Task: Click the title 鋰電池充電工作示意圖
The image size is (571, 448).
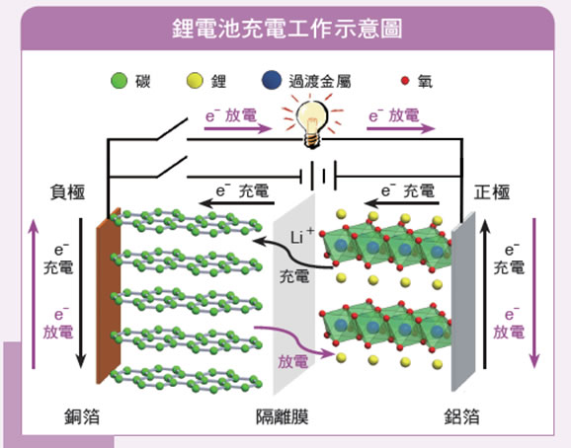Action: coord(286,29)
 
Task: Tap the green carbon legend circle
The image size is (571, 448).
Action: coord(120,80)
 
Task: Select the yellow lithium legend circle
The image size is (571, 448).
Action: coord(195,80)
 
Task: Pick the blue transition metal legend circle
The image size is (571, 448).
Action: coord(272,80)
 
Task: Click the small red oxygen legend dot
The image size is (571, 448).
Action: coord(405,81)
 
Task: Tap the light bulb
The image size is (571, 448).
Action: coord(312,123)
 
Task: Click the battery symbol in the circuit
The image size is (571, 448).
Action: coord(318,177)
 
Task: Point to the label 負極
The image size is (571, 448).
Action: coord(68,192)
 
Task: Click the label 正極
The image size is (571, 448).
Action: coord(492,192)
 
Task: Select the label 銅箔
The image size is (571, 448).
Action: coord(82,416)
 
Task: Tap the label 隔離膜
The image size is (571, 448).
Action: coord(283,416)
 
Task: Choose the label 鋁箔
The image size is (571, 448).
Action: coord(461,416)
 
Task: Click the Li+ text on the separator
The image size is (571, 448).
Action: coord(302,236)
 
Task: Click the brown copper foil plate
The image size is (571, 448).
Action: coord(108,295)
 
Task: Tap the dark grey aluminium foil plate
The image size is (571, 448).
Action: coord(463,302)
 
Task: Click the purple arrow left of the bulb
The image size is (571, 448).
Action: coord(238,128)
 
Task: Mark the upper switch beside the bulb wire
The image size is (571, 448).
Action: coord(172,128)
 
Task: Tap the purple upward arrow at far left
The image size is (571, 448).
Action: coord(34,294)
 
